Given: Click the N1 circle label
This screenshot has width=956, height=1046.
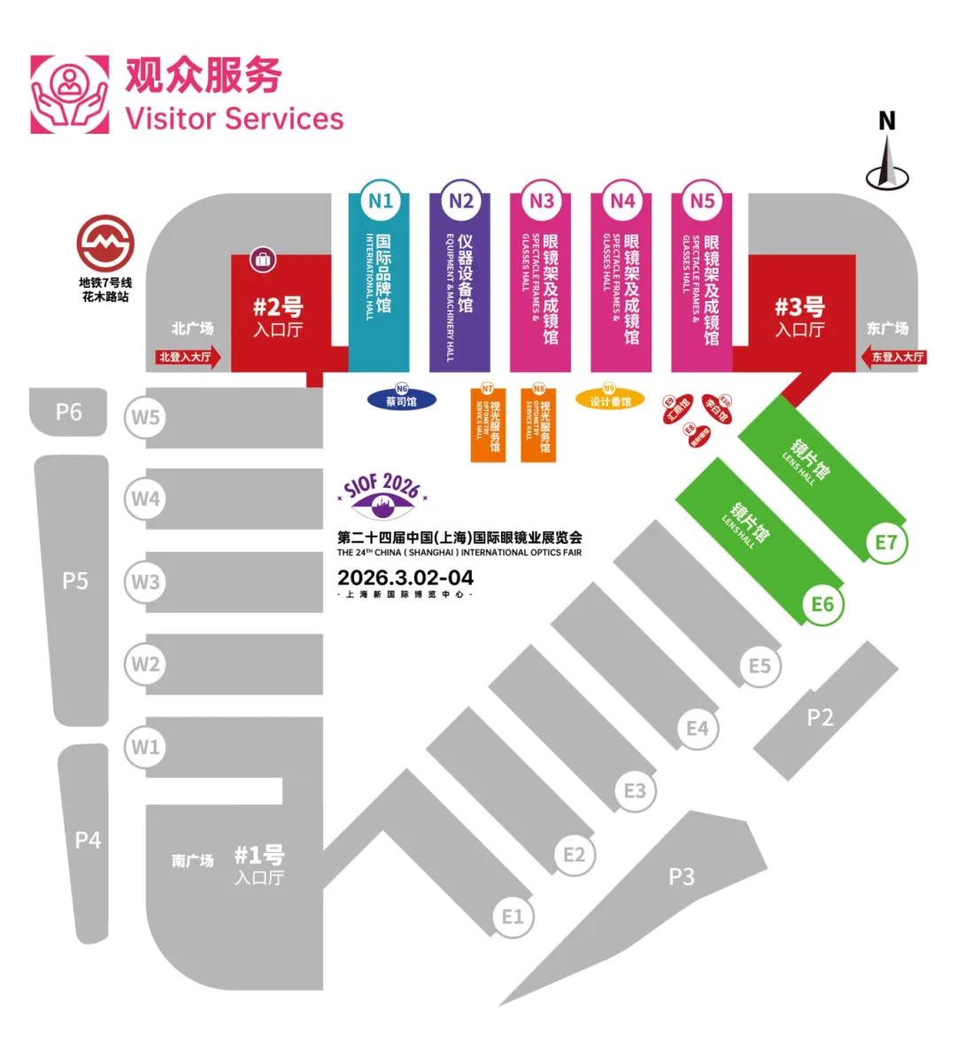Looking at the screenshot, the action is point(381,201).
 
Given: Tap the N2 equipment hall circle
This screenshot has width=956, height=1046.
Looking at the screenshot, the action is point(460,201).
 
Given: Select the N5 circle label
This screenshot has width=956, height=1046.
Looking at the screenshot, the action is point(702,201).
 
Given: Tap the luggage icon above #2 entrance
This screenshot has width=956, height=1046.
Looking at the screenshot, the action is point(263,260).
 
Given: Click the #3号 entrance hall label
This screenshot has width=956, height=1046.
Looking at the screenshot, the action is point(799,317).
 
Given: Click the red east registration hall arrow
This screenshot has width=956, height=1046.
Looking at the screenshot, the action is point(893,357).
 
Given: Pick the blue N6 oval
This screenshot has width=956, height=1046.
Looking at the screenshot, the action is point(401,399).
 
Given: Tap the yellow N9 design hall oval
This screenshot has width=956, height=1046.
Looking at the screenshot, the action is point(610,399).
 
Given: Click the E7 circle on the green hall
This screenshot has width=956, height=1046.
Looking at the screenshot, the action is point(885,542).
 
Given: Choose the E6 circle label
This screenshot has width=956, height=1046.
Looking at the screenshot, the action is point(822,604).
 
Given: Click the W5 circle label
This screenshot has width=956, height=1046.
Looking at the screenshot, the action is point(145,416).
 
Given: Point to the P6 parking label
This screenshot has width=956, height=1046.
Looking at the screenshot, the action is point(69,412).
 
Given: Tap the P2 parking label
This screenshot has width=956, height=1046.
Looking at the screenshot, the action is point(821,717).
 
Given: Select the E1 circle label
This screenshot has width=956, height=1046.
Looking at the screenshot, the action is point(513,917).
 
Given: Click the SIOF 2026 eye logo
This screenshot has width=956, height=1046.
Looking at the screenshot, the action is point(382,498).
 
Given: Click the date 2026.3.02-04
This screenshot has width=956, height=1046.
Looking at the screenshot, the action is point(405,577).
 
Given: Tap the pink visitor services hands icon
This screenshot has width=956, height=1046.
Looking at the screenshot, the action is point(70,95).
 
